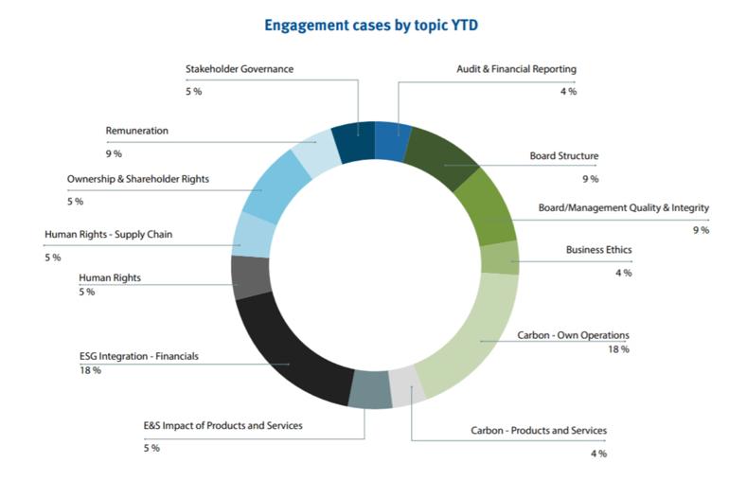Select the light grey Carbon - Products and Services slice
(405, 386)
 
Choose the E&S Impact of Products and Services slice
(369, 389)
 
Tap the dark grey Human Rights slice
(252, 277)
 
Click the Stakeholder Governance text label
(239, 69)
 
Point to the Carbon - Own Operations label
(573, 335)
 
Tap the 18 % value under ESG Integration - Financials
(90, 370)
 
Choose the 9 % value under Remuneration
(113, 153)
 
